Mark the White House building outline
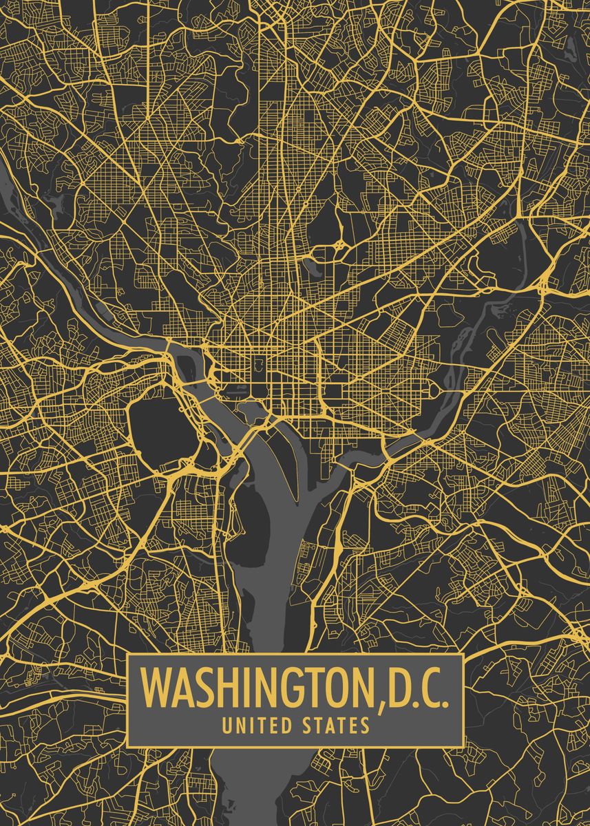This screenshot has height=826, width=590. coord(259,363)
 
